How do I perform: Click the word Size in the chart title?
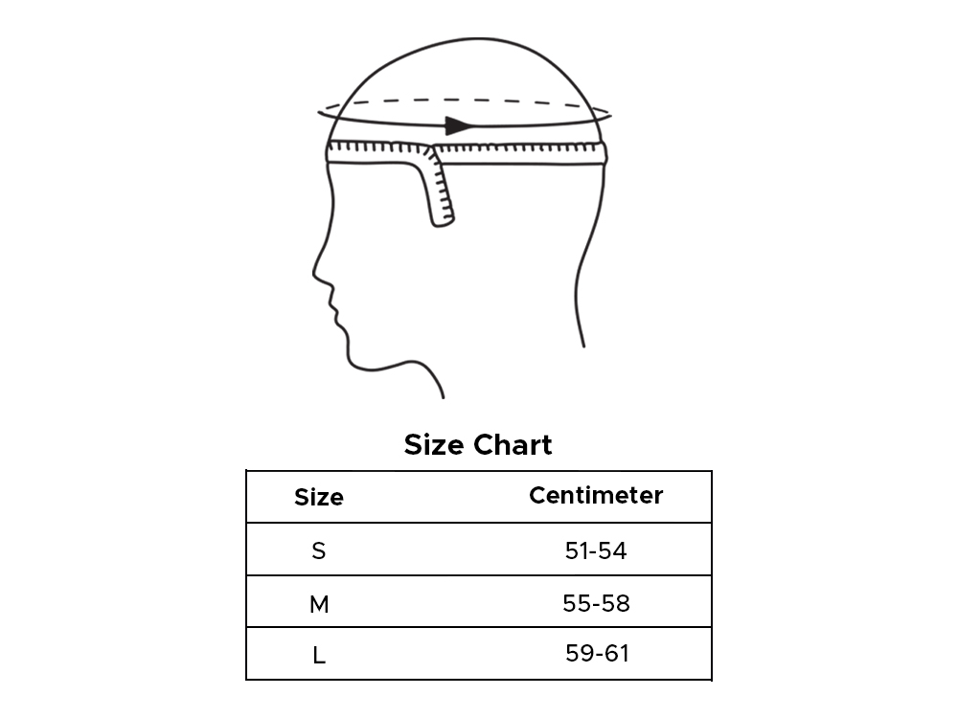[x=434, y=444]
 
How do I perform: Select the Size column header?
[x=319, y=497]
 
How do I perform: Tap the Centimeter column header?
[x=596, y=495]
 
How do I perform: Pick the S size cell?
[x=318, y=550]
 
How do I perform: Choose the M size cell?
[x=319, y=604]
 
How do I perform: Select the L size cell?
[x=319, y=656]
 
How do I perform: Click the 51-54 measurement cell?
[x=596, y=550]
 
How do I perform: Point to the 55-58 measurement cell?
[x=596, y=603]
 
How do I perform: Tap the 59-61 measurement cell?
[x=597, y=653]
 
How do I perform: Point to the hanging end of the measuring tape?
[x=443, y=220]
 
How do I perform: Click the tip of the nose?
[x=314, y=273]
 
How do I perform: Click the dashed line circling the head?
[x=465, y=100]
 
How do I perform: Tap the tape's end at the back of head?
[x=604, y=152]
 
